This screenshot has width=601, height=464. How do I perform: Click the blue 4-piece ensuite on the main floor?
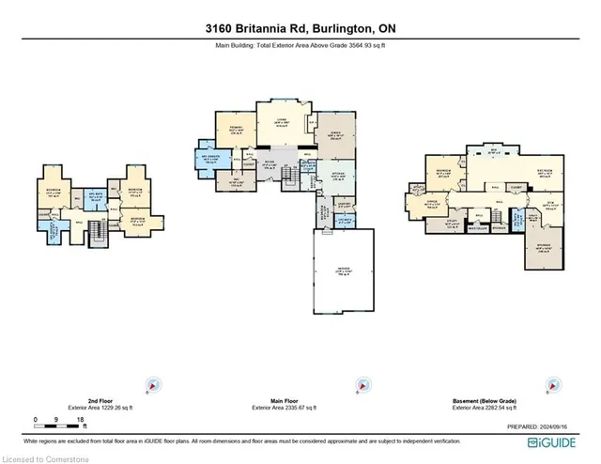click(208, 160)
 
